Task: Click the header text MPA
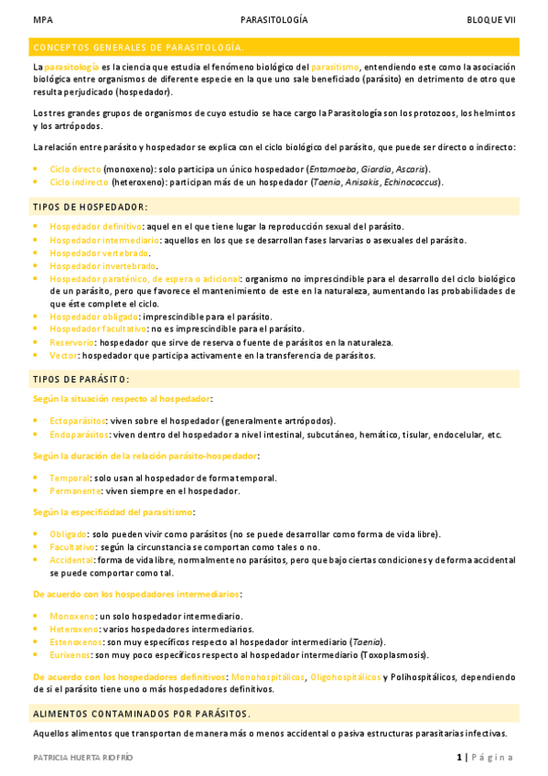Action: [41, 19]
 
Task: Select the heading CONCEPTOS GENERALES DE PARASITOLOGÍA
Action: [138, 47]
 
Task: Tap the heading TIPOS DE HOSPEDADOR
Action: [90, 207]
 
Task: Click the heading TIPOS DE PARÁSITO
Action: [81, 378]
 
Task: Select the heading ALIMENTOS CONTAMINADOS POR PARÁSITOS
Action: [142, 714]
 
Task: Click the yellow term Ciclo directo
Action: [75, 169]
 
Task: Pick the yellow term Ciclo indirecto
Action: [79, 182]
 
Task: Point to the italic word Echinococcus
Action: [412, 182]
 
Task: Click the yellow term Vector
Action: [63, 355]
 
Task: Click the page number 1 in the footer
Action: [459, 757]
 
